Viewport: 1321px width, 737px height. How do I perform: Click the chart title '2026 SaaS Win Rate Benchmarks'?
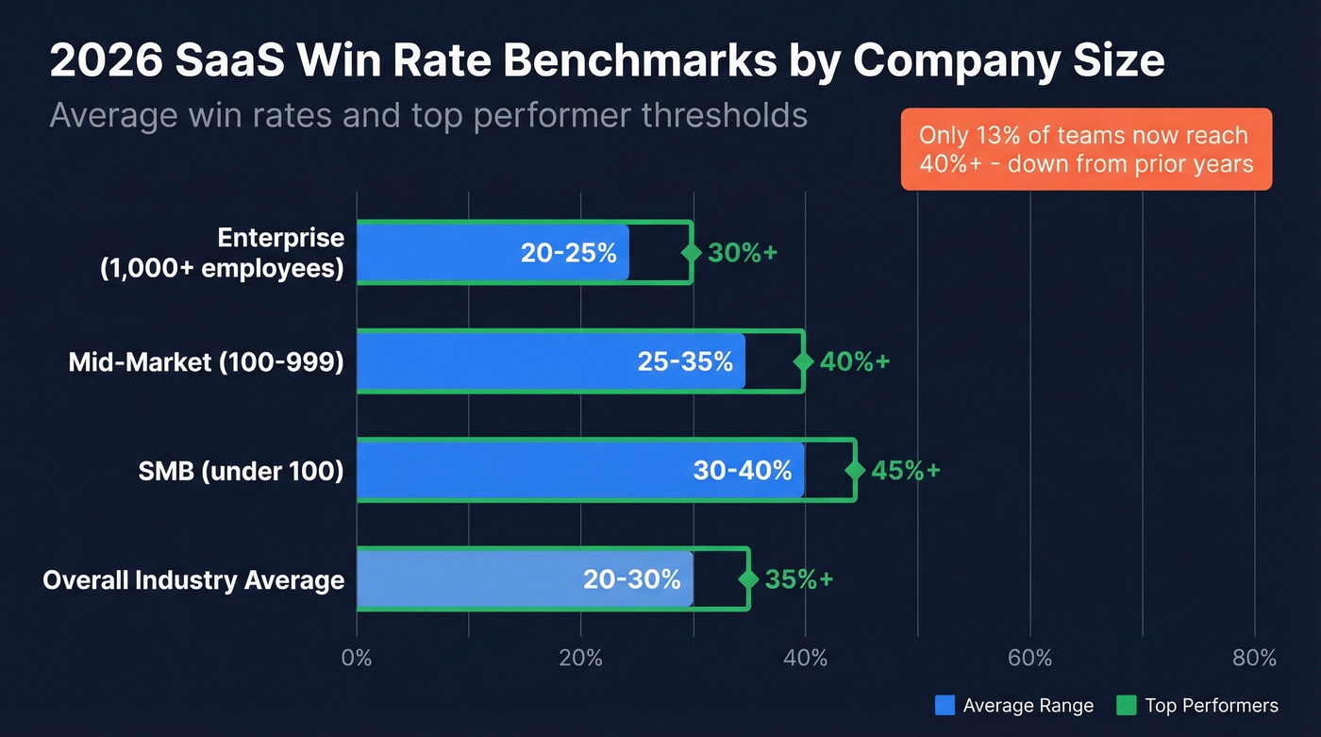[x=606, y=61]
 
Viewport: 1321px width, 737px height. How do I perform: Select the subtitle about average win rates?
[x=428, y=115]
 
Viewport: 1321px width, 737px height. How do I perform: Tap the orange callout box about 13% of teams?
[x=1086, y=149]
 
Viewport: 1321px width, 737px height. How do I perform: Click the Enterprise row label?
[x=222, y=253]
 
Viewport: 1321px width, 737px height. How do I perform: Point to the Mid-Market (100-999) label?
[x=206, y=361]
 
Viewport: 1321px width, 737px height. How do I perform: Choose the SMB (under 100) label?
[x=241, y=470]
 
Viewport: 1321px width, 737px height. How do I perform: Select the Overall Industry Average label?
[x=193, y=579]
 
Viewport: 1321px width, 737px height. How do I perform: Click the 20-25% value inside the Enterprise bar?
[x=568, y=253]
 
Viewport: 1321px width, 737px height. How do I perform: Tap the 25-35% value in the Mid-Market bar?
[x=685, y=361]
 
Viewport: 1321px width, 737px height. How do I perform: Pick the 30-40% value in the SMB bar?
[x=742, y=470]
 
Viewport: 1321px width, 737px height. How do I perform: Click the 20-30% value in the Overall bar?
[x=631, y=579]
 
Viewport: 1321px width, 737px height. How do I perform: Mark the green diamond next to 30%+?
[x=692, y=253]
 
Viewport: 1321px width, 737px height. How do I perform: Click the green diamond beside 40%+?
[x=804, y=361]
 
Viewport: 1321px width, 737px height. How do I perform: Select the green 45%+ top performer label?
[x=905, y=470]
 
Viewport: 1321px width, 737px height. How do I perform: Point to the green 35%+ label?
[x=798, y=579]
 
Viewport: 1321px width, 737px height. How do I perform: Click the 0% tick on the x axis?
[x=357, y=658]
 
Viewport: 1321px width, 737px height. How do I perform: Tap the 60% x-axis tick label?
[x=1029, y=658]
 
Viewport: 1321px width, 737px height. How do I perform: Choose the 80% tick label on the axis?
[x=1254, y=658]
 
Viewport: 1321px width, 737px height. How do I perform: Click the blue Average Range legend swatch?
[x=945, y=705]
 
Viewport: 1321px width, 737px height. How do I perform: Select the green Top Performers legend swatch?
[x=1126, y=705]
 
